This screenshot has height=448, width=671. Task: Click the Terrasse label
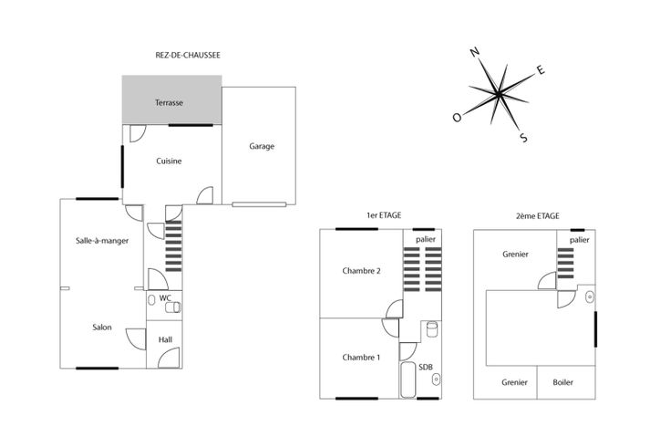(169, 103)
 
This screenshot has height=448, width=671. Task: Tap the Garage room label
(262, 147)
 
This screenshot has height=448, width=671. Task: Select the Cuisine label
(169, 161)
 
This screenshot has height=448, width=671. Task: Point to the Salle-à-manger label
(102, 241)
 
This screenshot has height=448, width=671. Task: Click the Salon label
(102, 328)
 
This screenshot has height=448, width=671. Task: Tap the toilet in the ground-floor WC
(173, 307)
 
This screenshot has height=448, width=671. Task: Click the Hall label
(165, 339)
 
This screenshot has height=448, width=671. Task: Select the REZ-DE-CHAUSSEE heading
(188, 56)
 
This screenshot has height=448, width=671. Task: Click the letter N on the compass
(475, 52)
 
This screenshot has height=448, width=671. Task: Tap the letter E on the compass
(541, 69)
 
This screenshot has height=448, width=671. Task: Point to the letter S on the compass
(523, 138)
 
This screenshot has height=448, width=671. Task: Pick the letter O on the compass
(457, 118)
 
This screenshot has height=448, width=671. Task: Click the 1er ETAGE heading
(384, 215)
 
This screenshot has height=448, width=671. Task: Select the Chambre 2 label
(361, 271)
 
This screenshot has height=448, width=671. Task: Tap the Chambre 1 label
(361, 357)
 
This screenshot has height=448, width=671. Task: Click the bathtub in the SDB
(408, 380)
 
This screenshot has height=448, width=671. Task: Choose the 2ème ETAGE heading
(538, 216)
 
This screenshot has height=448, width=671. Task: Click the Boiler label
(563, 382)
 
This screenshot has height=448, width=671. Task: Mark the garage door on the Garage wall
(259, 204)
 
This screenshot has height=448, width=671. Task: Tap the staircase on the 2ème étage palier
(565, 264)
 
